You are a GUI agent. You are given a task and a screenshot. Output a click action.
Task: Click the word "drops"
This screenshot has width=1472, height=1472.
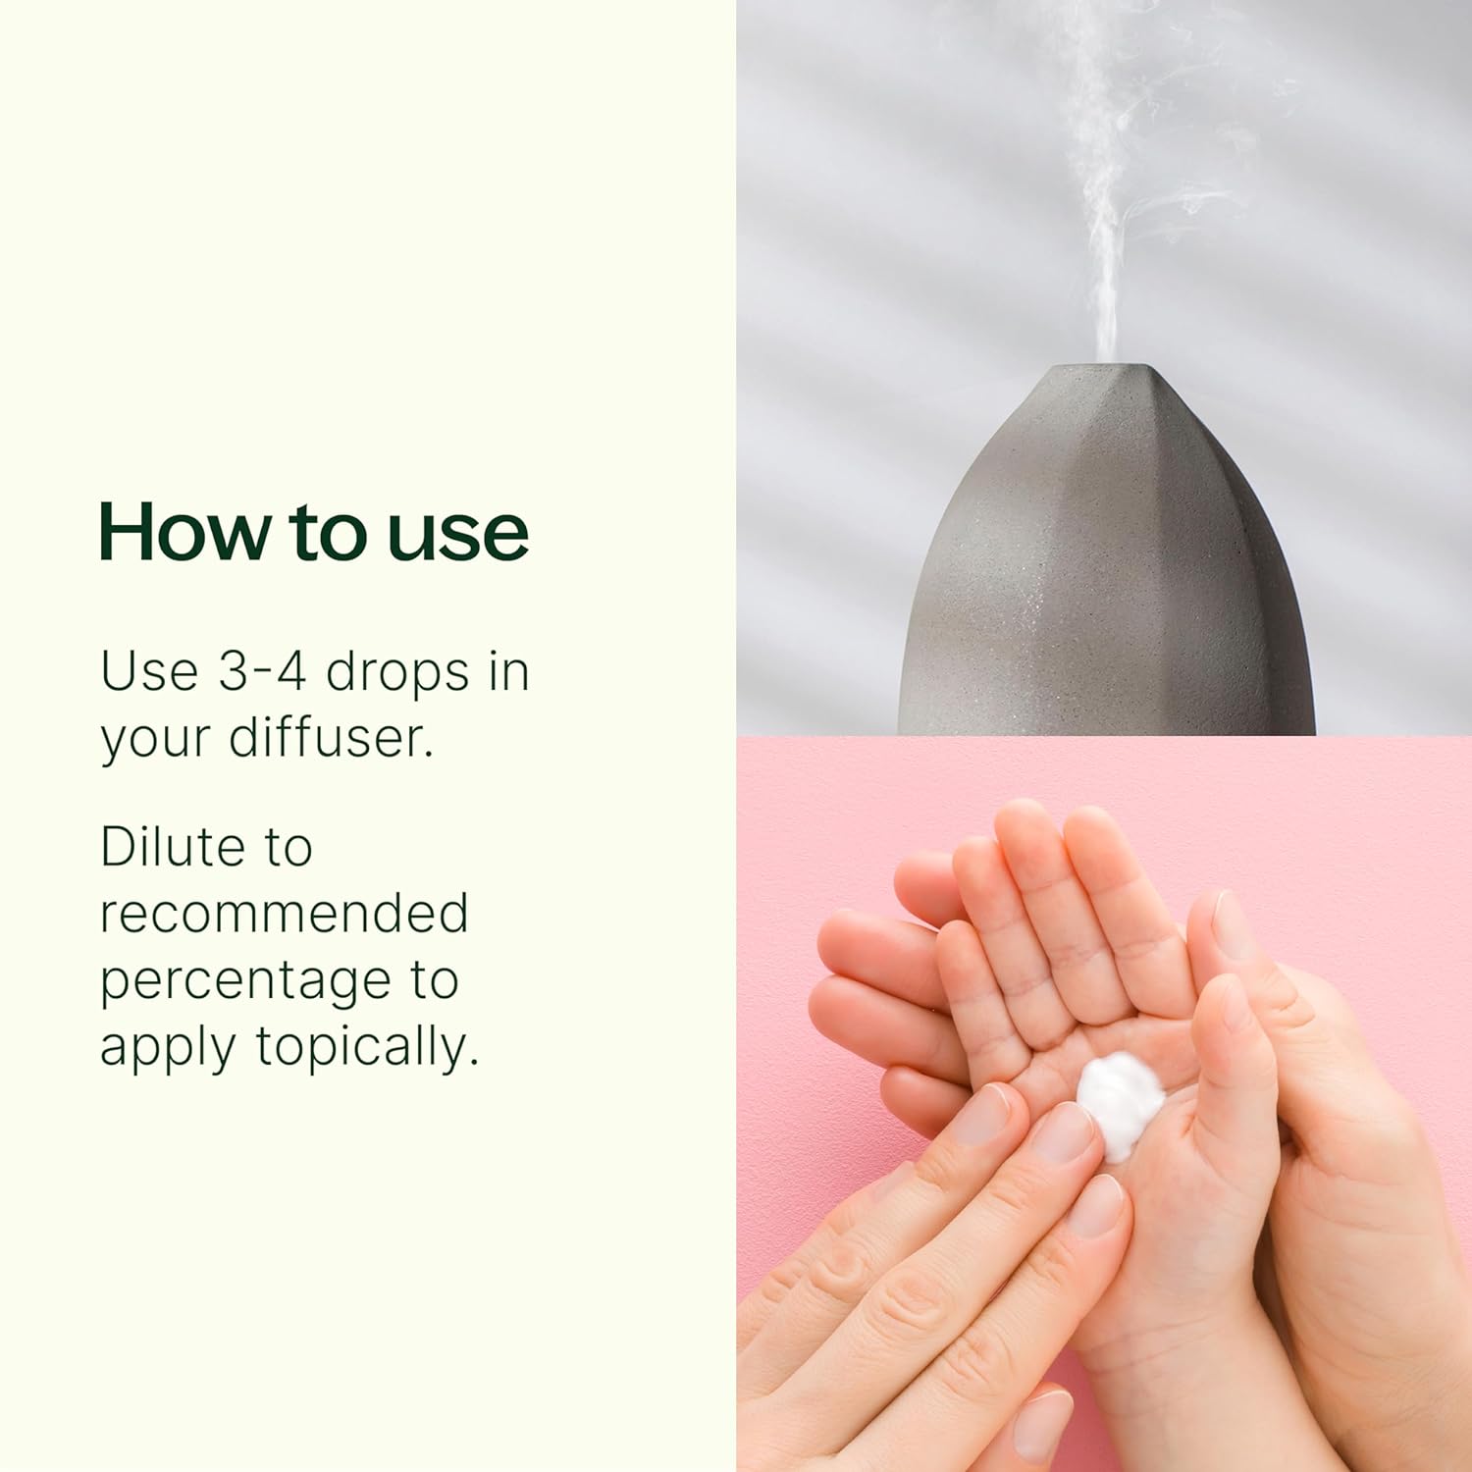[397, 674]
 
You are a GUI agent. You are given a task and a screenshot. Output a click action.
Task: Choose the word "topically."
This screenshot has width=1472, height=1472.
[368, 1047]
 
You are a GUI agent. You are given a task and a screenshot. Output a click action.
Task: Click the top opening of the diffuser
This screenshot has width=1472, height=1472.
[1108, 368]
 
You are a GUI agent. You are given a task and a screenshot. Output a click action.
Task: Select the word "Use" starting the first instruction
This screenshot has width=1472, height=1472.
[149, 671]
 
